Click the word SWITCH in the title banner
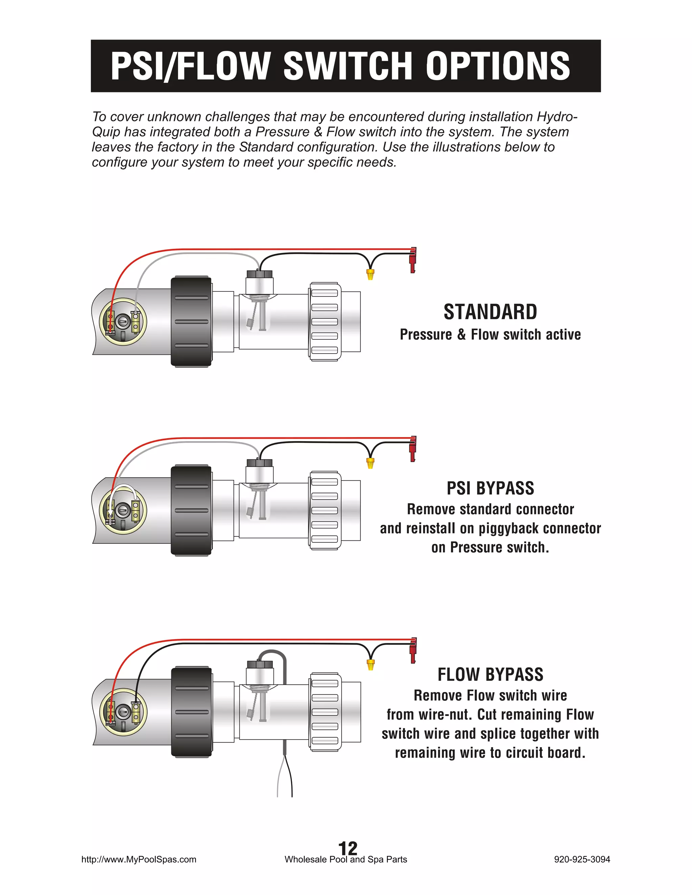pos(347,67)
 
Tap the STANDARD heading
pos(490,312)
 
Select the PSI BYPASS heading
pos(490,488)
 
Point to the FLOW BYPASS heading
pos(490,674)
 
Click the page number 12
pos(347,848)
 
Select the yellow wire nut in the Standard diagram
pos(370,274)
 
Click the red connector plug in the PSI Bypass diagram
pos(413,449)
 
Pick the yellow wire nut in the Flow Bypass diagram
pos(370,664)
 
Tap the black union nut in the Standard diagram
pos(191,322)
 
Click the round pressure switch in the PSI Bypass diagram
pos(123,511)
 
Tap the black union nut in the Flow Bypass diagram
pos(191,712)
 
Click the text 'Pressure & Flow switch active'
pos(490,335)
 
